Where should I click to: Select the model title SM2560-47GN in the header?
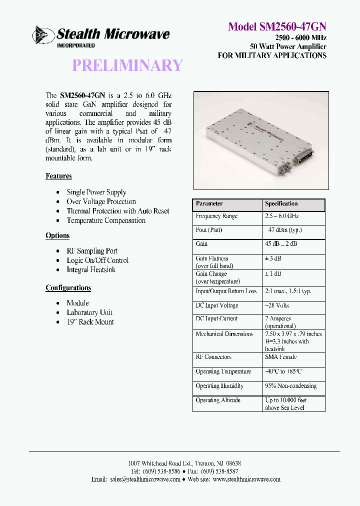[277, 26]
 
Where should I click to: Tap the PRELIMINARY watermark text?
[127, 65]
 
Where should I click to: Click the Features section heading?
[58, 176]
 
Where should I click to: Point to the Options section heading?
[57, 235]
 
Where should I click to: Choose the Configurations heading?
[68, 287]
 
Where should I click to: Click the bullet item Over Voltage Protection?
[101, 201]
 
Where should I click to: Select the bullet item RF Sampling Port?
[92, 250]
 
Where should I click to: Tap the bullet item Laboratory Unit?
[89, 312]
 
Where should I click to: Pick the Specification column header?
[281, 204]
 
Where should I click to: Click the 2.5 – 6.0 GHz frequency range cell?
[281, 216]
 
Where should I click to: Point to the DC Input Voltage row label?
[216, 305]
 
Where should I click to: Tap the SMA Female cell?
[280, 357]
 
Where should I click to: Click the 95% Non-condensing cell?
[290, 386]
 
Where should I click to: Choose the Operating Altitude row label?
[217, 400]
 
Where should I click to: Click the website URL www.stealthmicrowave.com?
[246, 479]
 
